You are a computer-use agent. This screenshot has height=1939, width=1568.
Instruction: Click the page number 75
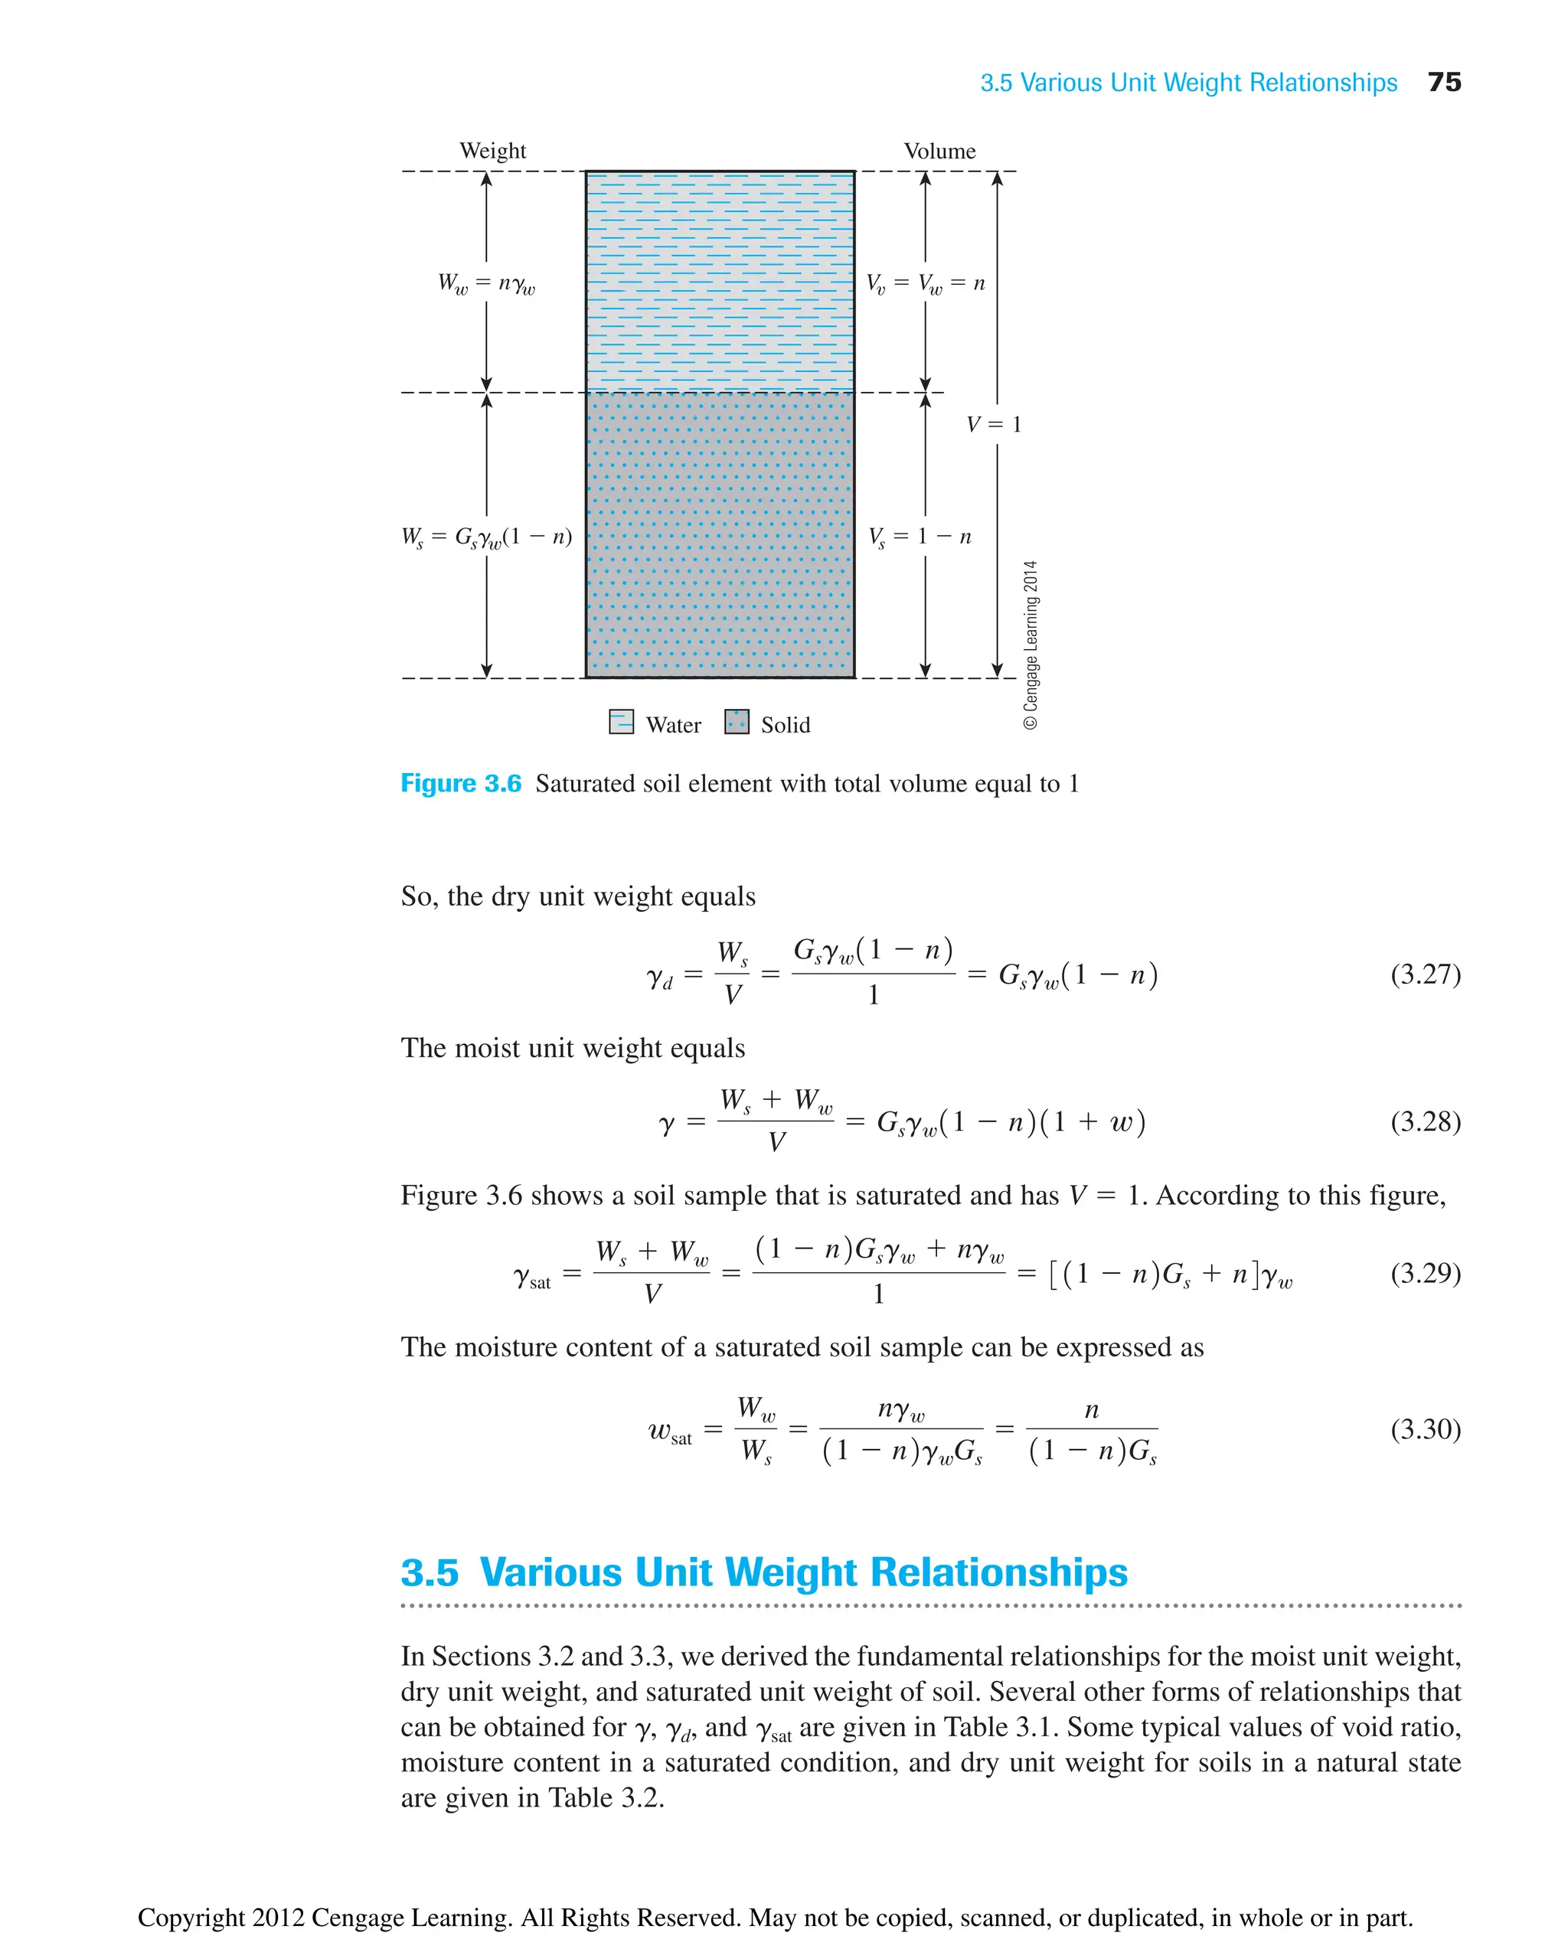pyautogui.click(x=1443, y=82)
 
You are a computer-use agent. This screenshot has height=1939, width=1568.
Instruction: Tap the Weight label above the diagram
pyautogui.click(x=492, y=151)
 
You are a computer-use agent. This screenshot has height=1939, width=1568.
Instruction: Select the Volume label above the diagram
pyautogui.click(x=939, y=151)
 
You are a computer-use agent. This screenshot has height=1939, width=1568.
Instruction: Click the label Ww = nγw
pyautogui.click(x=486, y=283)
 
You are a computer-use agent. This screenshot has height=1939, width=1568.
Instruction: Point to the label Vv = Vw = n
pyautogui.click(x=925, y=283)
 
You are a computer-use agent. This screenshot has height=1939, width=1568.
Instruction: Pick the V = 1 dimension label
pyautogui.click(x=994, y=424)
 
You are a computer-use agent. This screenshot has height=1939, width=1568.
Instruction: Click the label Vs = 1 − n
pyautogui.click(x=920, y=537)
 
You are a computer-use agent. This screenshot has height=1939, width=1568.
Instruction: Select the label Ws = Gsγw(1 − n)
pyautogui.click(x=486, y=537)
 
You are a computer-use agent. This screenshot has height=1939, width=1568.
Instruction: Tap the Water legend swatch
pyautogui.click(x=622, y=723)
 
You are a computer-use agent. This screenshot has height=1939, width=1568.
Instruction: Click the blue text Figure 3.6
pyautogui.click(x=461, y=783)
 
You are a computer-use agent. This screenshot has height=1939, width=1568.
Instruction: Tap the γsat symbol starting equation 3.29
pyautogui.click(x=532, y=1277)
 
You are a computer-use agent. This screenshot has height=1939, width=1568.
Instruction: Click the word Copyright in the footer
pyautogui.click(x=191, y=1917)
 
